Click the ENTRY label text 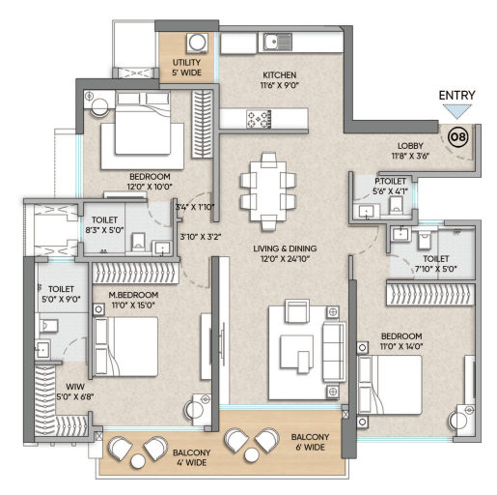(456, 96)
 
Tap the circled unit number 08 (457, 137)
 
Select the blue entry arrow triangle (456, 111)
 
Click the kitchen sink (278, 43)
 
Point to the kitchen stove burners (259, 119)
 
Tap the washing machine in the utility (197, 43)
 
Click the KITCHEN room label (280, 75)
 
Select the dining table (268, 191)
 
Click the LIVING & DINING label (285, 248)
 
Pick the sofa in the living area (334, 352)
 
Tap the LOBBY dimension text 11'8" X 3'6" (410, 156)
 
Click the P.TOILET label (390, 181)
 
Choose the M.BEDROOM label (133, 295)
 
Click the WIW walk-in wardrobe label (75, 387)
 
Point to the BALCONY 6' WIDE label (310, 442)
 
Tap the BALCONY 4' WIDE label (192, 457)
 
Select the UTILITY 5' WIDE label (186, 68)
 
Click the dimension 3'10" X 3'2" (201, 237)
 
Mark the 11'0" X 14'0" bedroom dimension (401, 346)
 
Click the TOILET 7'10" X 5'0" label (436, 263)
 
